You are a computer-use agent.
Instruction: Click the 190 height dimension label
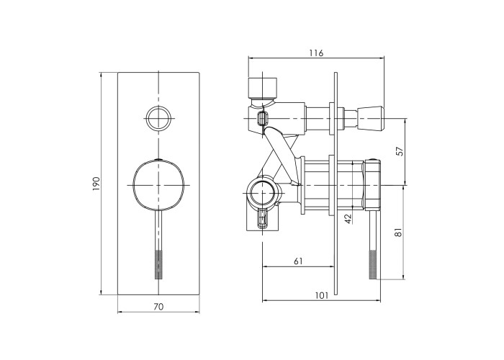point(96,184)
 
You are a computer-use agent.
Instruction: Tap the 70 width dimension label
point(158,307)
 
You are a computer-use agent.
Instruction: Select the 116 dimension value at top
point(316,53)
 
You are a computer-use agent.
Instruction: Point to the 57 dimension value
point(399,151)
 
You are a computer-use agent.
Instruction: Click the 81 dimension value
point(399,232)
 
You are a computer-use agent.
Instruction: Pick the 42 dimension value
point(348,219)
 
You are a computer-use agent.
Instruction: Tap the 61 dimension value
point(298,261)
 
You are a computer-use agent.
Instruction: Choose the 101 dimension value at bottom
point(321,295)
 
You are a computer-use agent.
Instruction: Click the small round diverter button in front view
point(159,117)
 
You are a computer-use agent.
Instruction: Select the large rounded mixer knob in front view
point(158,185)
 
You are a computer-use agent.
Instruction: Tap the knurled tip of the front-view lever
point(158,265)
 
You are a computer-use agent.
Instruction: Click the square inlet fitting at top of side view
point(263,87)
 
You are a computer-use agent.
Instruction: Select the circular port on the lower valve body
point(262,192)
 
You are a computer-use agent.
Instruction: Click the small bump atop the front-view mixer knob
point(158,159)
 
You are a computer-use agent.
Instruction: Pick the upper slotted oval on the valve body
point(262,118)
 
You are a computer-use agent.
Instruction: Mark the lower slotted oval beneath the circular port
point(262,219)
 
